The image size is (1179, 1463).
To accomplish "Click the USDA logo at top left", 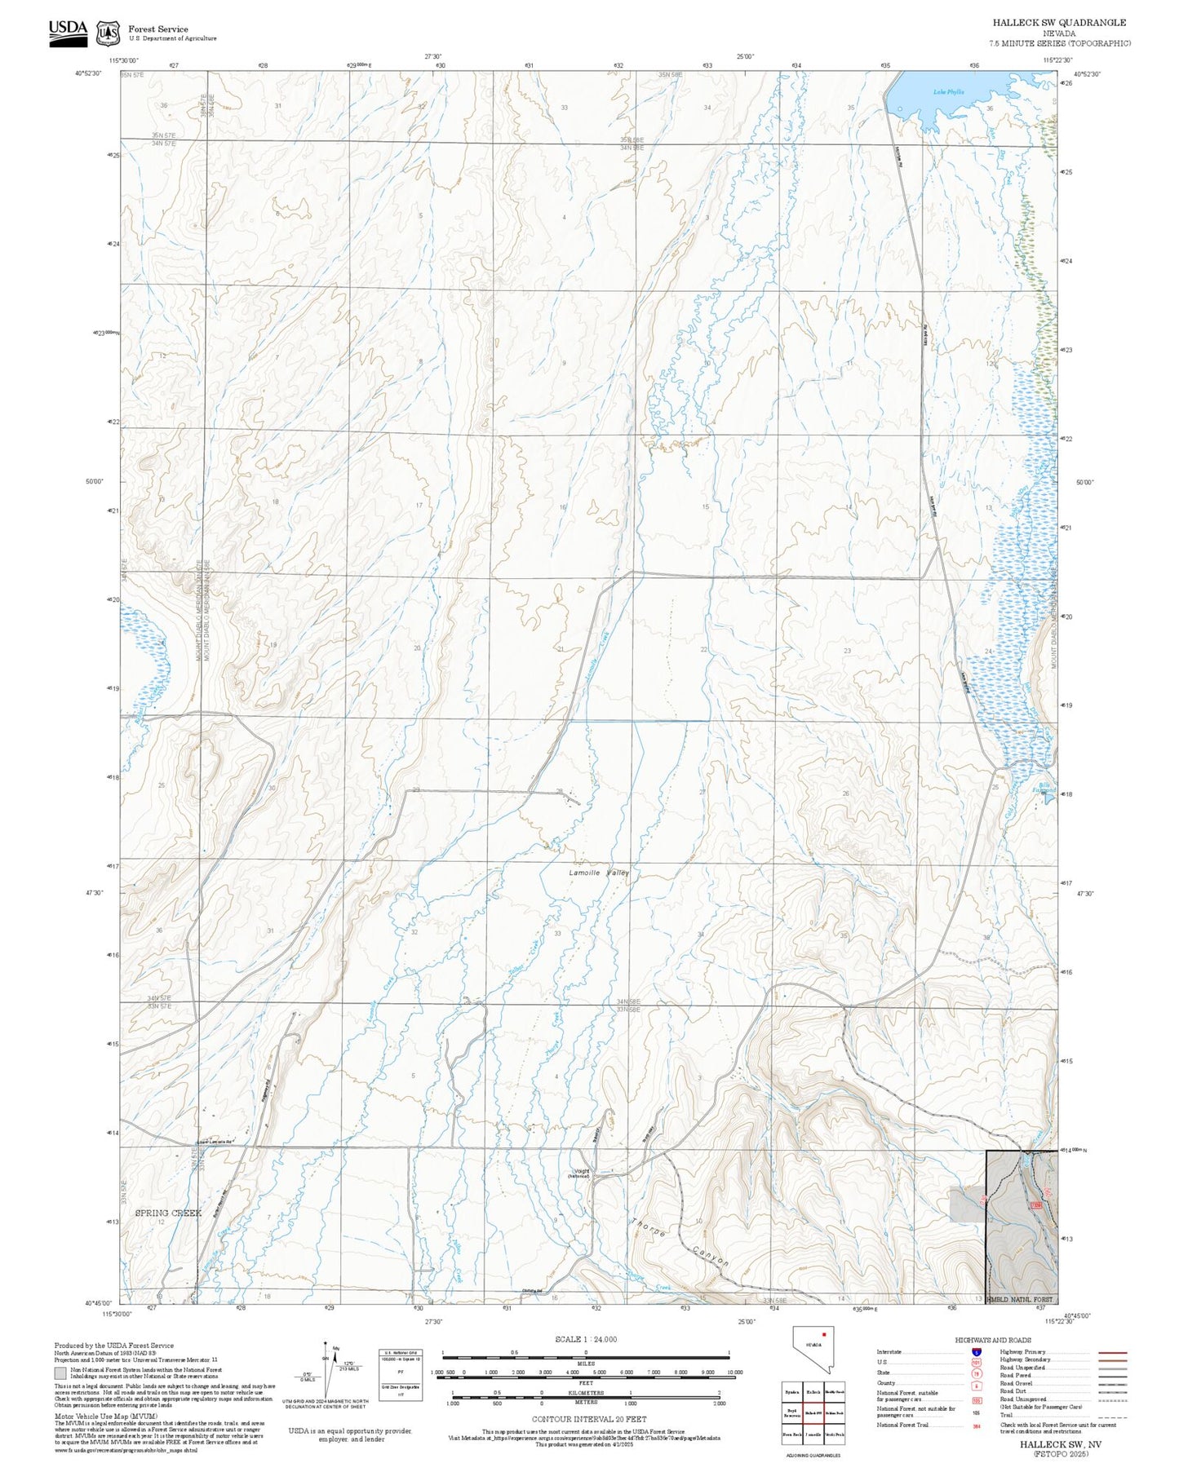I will tap(68, 32).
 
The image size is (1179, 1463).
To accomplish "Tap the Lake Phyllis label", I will tap(948, 92).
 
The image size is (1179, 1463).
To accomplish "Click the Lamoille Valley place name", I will tap(599, 873).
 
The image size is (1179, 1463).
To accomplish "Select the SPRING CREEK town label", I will tap(168, 1213).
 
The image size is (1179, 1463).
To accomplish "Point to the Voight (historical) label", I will tap(579, 1173).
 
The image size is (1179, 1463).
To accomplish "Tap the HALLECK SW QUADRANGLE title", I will tap(1059, 23).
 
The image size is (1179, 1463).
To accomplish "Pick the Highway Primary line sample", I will tap(1112, 1352).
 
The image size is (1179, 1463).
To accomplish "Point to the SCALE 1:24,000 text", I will tap(585, 1339).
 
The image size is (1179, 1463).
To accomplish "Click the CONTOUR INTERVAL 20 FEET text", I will tap(585, 1419).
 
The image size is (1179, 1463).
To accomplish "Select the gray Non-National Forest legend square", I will tap(60, 1372).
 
